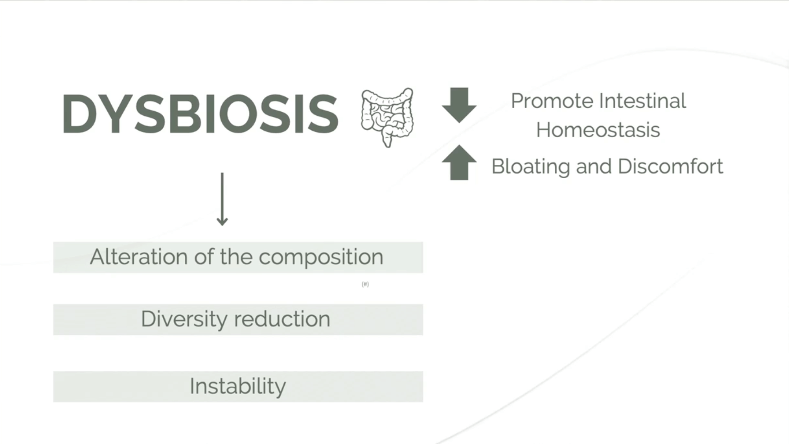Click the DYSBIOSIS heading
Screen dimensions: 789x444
200,114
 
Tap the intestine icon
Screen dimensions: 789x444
387,117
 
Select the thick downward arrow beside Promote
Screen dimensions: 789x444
459,105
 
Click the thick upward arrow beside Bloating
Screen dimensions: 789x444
459,163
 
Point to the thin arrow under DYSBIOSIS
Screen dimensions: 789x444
222,199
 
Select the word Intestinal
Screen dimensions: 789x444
643,101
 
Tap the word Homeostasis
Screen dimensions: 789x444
598,129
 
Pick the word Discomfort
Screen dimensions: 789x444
671,166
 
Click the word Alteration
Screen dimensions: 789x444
139,257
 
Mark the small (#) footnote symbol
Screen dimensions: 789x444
365,284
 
